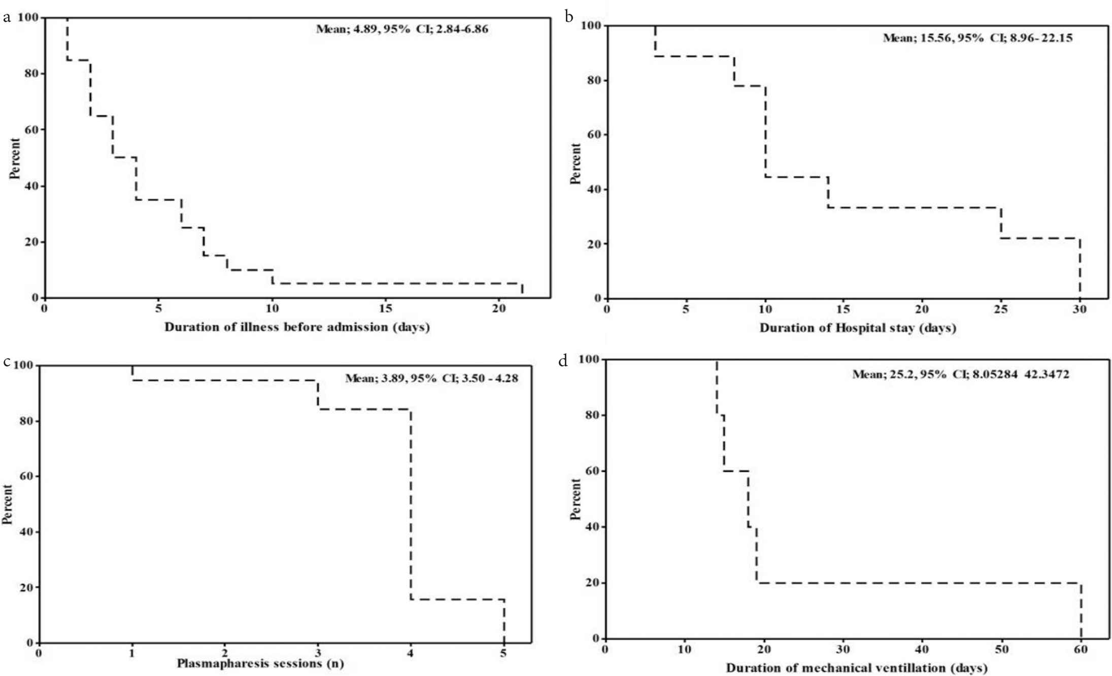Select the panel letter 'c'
pos(7,362)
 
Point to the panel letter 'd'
pos(563,361)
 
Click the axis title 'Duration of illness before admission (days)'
pos(297,327)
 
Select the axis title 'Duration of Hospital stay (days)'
pos(857,328)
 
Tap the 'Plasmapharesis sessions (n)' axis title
pos(260,663)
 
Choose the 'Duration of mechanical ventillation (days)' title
pos(856,668)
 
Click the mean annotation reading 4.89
pos(402,29)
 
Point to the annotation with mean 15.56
pos(978,38)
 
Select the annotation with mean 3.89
pos(431,378)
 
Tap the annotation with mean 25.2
pos(960,375)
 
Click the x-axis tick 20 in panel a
pos(499,308)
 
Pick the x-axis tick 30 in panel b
pos(1080,309)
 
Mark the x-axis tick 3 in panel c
pos(318,653)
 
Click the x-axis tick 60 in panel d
pos(1081,649)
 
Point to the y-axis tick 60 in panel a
pos(31,130)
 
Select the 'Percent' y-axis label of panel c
pos(7,504)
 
